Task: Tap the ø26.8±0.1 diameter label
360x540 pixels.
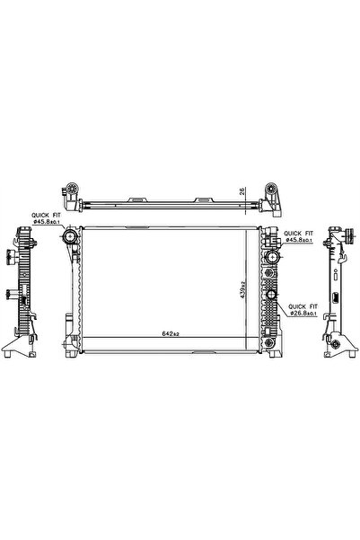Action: click(x=311, y=313)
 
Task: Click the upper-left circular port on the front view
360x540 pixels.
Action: click(x=70, y=238)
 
